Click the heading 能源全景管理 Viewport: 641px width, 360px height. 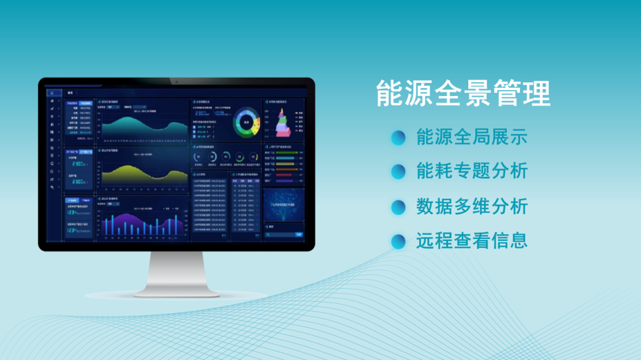[464, 94]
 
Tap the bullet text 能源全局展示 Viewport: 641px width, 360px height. [471, 137]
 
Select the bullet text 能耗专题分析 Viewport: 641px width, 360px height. [471, 171]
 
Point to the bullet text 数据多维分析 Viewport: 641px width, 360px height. [471, 206]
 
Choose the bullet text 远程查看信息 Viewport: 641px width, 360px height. [471, 241]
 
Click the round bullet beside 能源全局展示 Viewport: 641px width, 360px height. [398, 138]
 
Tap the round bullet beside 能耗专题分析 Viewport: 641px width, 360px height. [398, 172]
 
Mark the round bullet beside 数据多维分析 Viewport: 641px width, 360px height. [398, 207]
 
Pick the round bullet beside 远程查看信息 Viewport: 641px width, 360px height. [398, 241]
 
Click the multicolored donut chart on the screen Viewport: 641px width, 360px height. [247, 123]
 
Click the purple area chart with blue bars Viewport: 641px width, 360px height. [145, 222]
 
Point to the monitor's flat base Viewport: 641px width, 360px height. [177, 292]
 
